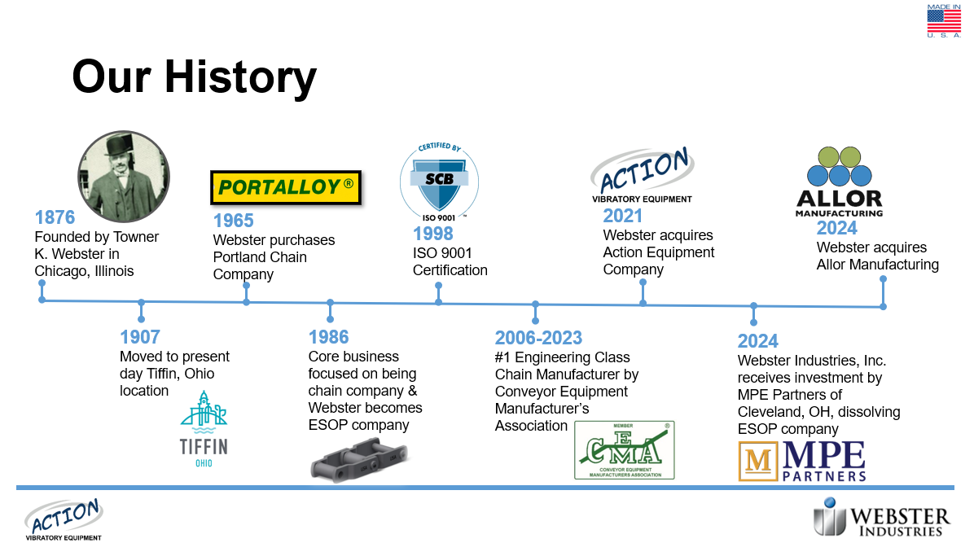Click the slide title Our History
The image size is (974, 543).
pos(195,77)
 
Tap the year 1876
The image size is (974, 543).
pos(55,217)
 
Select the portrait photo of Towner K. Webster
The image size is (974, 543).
pos(124,177)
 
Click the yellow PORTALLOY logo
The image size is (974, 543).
pos(286,187)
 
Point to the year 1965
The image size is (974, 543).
pos(234,221)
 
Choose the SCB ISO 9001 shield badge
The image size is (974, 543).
pos(439,182)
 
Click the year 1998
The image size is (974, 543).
pos(433,234)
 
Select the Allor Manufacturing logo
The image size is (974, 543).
pos(839,182)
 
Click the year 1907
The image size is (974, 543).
pos(140,337)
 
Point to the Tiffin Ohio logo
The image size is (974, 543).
pos(204,429)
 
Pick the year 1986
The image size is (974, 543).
pos(328,337)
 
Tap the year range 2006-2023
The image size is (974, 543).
pos(538,338)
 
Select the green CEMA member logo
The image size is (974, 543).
pos(625,450)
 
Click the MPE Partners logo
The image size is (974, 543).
pos(802,461)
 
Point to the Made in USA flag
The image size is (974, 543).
pos(944,21)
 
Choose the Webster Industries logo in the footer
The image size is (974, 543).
pos(881,517)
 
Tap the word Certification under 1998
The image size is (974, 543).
pos(450,270)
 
